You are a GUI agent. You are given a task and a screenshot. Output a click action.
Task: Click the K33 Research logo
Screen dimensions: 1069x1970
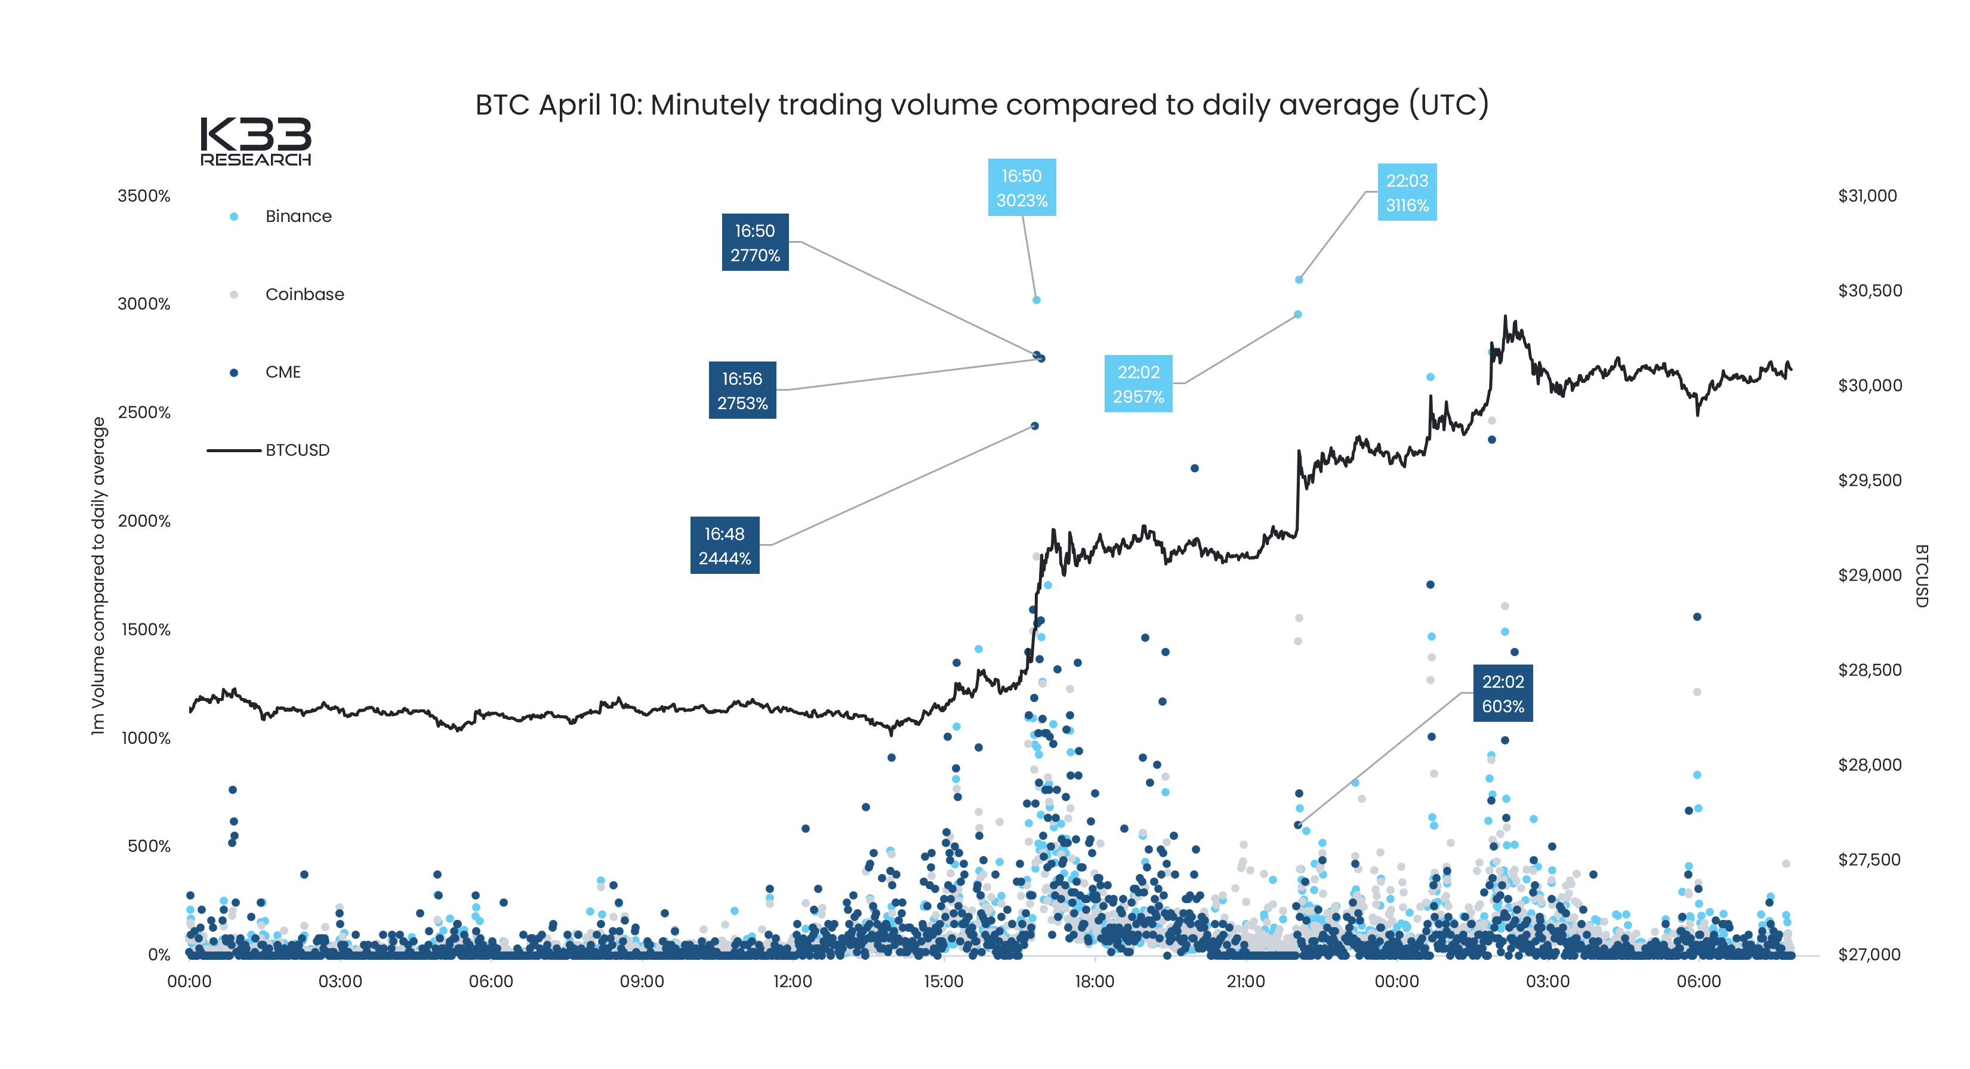[255, 141]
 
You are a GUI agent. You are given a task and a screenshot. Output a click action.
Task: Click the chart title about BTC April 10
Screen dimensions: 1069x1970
[981, 105]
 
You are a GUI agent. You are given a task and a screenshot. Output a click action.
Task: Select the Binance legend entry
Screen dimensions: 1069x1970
[297, 217]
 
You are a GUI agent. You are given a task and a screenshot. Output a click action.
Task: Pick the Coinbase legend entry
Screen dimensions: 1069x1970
[304, 295]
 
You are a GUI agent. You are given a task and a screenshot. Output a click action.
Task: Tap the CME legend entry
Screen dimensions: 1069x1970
[282, 372]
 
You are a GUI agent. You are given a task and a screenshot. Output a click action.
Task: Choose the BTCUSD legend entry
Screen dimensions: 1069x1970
[297, 450]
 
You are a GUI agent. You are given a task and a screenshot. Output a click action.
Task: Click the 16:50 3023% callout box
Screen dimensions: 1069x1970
[1021, 188]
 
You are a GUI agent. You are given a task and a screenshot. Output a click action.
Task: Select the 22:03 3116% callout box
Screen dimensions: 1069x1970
[1407, 193]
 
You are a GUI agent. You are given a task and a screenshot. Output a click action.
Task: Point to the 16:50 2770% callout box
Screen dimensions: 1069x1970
[755, 242]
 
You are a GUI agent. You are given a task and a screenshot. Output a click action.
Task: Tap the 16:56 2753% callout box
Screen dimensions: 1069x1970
[742, 391]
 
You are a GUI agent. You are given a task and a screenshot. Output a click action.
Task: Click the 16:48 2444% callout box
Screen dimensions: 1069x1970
[725, 546]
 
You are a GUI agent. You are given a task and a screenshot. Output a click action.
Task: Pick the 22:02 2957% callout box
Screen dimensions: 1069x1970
[1138, 384]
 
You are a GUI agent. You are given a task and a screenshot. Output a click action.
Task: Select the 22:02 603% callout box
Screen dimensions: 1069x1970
[1502, 694]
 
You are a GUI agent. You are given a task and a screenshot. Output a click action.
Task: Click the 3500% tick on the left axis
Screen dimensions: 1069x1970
[144, 196]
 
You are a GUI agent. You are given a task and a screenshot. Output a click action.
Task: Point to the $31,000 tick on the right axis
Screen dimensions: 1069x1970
[1867, 196]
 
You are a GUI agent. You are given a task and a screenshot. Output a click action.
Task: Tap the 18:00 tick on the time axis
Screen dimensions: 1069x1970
[1095, 982]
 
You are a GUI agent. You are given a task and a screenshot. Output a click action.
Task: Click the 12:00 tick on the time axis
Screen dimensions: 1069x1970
[793, 982]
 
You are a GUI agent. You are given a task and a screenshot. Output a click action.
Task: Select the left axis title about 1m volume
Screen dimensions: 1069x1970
[98, 576]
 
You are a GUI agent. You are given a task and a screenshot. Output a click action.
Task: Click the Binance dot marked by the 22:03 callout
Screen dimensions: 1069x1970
[1299, 280]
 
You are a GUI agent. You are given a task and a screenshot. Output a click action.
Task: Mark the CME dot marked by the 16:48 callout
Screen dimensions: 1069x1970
[1035, 426]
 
